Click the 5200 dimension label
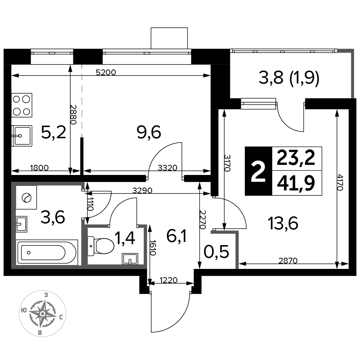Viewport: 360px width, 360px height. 106,72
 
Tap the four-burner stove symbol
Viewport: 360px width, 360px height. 22,105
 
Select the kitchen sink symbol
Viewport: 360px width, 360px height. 22,136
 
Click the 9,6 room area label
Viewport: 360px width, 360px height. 149,132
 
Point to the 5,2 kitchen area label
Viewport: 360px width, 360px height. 54,132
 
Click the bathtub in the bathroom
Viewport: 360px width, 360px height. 47,252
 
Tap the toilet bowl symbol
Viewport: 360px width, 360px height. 101,247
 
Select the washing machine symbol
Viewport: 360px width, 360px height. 26,197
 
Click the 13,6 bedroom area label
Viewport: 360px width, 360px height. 283,224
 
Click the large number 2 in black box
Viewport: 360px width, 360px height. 258,171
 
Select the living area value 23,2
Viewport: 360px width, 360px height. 296,158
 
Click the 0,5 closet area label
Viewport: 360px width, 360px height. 216,252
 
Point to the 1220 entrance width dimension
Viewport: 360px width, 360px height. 168,280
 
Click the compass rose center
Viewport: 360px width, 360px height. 42,314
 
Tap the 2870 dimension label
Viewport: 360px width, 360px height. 288,261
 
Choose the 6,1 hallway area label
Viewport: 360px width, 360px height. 177,237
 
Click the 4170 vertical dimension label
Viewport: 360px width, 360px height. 340,183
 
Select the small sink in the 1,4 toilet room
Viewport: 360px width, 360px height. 130,258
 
